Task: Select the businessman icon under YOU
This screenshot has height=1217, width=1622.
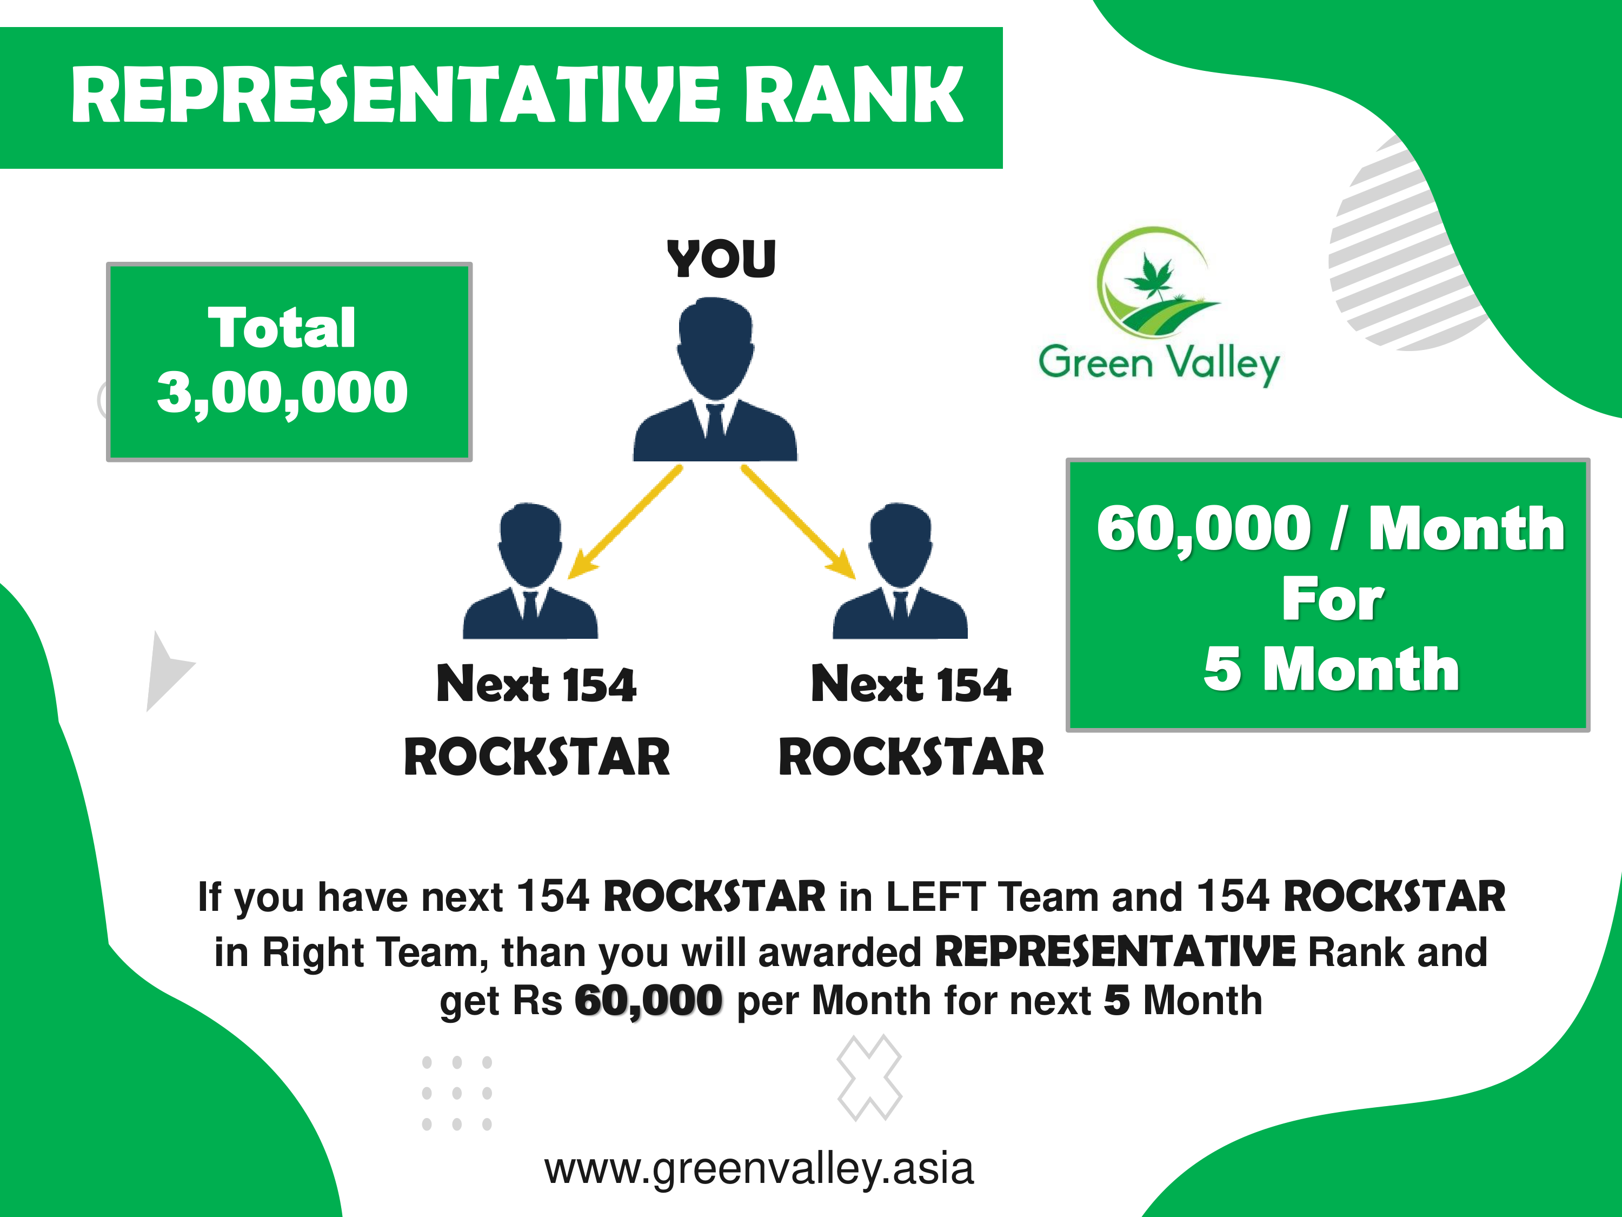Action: [x=715, y=379]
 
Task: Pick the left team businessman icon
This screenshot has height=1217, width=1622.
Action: [x=530, y=571]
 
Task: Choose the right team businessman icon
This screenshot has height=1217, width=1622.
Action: [x=900, y=571]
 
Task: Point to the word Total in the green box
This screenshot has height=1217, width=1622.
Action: [x=282, y=327]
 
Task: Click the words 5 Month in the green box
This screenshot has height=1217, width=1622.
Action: [x=1331, y=669]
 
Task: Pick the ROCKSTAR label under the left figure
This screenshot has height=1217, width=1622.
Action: [x=537, y=757]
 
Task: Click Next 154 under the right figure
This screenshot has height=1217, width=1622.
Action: [x=910, y=684]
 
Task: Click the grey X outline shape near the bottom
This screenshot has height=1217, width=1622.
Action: [x=869, y=1077]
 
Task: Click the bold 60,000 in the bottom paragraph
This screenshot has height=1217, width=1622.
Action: [x=648, y=1001]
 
